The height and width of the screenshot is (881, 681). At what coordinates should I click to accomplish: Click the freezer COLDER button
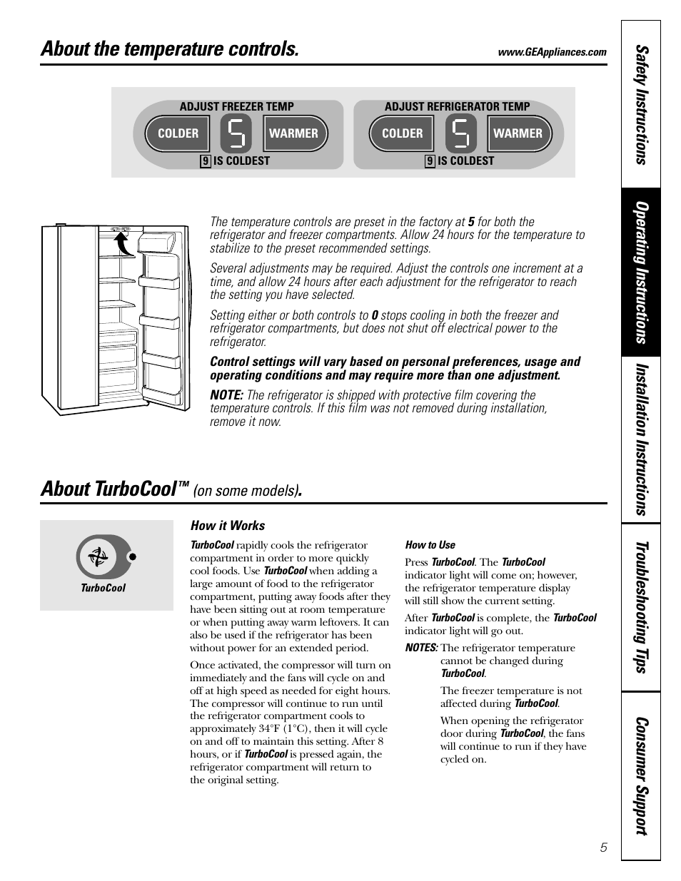click(x=178, y=133)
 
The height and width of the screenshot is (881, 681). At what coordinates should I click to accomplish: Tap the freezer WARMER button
click(x=293, y=133)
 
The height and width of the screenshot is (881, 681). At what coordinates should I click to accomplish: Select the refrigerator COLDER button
click(x=402, y=133)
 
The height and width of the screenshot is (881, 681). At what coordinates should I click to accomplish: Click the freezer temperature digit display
click(x=236, y=133)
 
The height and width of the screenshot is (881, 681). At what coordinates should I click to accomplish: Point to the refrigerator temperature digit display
click(x=460, y=133)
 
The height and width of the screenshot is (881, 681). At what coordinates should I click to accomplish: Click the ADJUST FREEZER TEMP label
click(x=236, y=106)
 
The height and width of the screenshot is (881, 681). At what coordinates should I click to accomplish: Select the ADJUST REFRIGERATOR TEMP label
click(x=457, y=106)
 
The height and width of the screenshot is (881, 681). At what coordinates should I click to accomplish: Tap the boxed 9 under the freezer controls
click(x=206, y=161)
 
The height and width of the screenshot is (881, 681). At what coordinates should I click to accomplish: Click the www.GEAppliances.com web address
click(x=553, y=52)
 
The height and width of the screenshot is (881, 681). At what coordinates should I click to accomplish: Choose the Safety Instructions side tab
click(x=641, y=104)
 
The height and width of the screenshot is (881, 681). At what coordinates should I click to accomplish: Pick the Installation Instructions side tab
click(x=641, y=439)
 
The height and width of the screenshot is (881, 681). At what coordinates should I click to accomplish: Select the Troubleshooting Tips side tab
click(x=641, y=607)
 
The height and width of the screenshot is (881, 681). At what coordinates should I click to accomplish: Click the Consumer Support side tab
click(x=641, y=775)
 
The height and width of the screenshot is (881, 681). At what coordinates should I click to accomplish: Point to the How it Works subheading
click(x=227, y=526)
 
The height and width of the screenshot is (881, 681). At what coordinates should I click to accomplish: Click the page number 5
click(x=603, y=847)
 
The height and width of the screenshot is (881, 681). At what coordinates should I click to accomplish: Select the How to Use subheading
click(x=430, y=545)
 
